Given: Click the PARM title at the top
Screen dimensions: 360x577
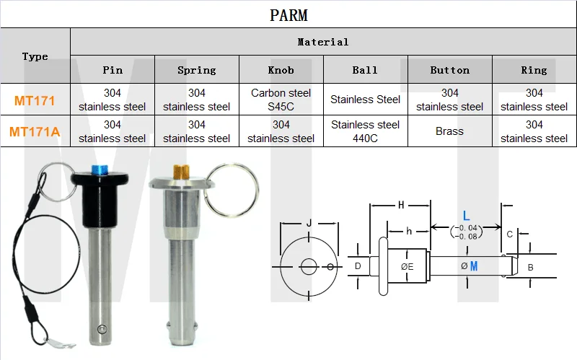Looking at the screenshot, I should click(x=288, y=14).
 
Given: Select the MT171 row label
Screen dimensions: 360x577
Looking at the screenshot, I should click(x=35, y=100).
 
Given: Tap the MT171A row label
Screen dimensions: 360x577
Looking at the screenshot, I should click(x=35, y=131).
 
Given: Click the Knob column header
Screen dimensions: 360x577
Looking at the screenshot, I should click(x=281, y=70).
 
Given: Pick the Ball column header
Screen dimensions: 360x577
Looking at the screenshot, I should click(x=365, y=70).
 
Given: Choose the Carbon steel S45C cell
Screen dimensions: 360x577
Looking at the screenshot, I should click(x=281, y=100).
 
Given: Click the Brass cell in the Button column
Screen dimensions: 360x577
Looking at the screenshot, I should click(x=449, y=131).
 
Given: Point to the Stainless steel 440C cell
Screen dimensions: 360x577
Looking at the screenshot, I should click(x=365, y=131).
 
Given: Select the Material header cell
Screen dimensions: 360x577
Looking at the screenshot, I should click(x=323, y=42).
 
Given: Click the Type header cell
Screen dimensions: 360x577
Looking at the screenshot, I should click(x=35, y=56).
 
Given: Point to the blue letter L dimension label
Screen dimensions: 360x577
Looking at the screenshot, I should click(x=466, y=215).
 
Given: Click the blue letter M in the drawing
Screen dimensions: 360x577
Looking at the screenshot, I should click(x=474, y=266).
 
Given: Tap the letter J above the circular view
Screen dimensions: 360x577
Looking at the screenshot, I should click(x=309, y=223).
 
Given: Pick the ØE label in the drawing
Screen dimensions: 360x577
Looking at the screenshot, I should click(x=407, y=266).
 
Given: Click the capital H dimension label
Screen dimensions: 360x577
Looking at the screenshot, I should click(x=400, y=206).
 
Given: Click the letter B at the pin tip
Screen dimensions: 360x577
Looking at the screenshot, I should click(x=530, y=267).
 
